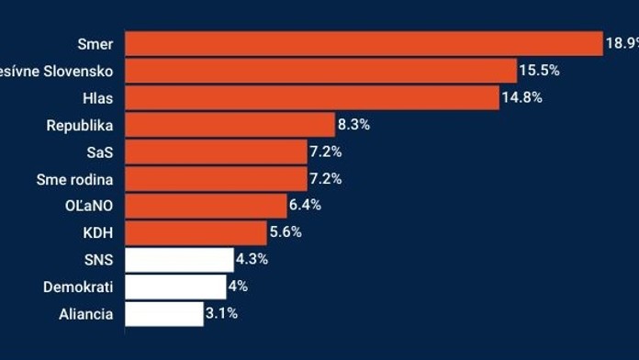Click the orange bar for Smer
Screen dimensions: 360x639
click(x=363, y=43)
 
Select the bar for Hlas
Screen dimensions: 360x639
click(x=311, y=97)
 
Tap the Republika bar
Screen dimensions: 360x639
click(x=230, y=125)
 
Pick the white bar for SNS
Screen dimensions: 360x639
click(x=179, y=260)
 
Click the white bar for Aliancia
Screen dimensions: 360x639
click(x=163, y=314)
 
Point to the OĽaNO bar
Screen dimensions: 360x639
click(x=206, y=206)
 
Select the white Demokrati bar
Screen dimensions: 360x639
click(x=174, y=287)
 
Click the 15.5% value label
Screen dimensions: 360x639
click(x=539, y=71)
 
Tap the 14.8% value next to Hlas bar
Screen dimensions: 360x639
click(x=521, y=97)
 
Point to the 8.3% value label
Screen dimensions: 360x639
click(x=353, y=125)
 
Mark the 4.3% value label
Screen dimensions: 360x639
click(x=252, y=260)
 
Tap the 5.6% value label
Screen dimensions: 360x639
click(x=286, y=232)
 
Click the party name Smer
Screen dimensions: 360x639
click(x=96, y=43)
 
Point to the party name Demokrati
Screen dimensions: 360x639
click(x=78, y=287)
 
